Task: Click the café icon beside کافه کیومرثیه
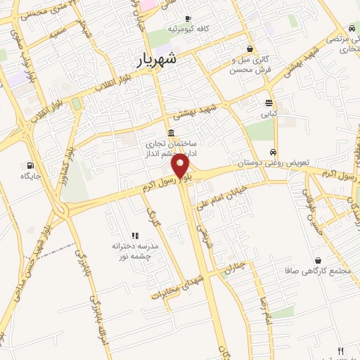(x=187, y=18)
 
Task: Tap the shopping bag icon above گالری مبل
(x=250, y=48)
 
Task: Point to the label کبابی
(x=271, y=112)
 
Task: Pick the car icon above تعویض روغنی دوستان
(x=273, y=152)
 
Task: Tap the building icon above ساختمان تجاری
(x=172, y=134)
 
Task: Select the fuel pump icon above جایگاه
(x=27, y=166)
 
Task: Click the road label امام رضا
(x=262, y=310)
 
